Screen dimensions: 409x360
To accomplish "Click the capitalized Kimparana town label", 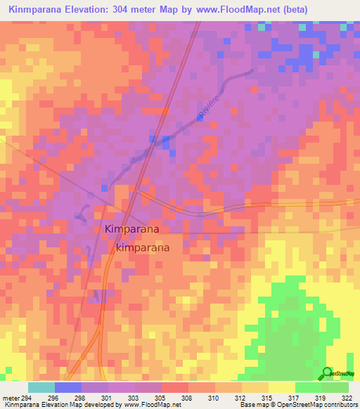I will point(131,229).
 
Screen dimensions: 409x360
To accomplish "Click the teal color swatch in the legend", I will point(41,387).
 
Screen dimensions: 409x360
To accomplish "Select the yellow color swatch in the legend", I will point(281,387).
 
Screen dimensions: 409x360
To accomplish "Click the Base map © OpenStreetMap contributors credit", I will point(297,405).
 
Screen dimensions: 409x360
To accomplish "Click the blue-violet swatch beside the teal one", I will point(67,387).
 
